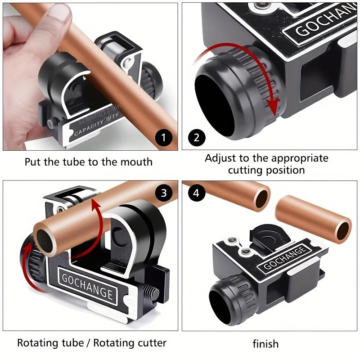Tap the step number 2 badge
[x=196, y=136]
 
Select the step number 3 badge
[x=163, y=193]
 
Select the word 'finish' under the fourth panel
[x=265, y=344]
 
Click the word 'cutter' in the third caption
[x=150, y=343]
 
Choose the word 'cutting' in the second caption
[x=245, y=170]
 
